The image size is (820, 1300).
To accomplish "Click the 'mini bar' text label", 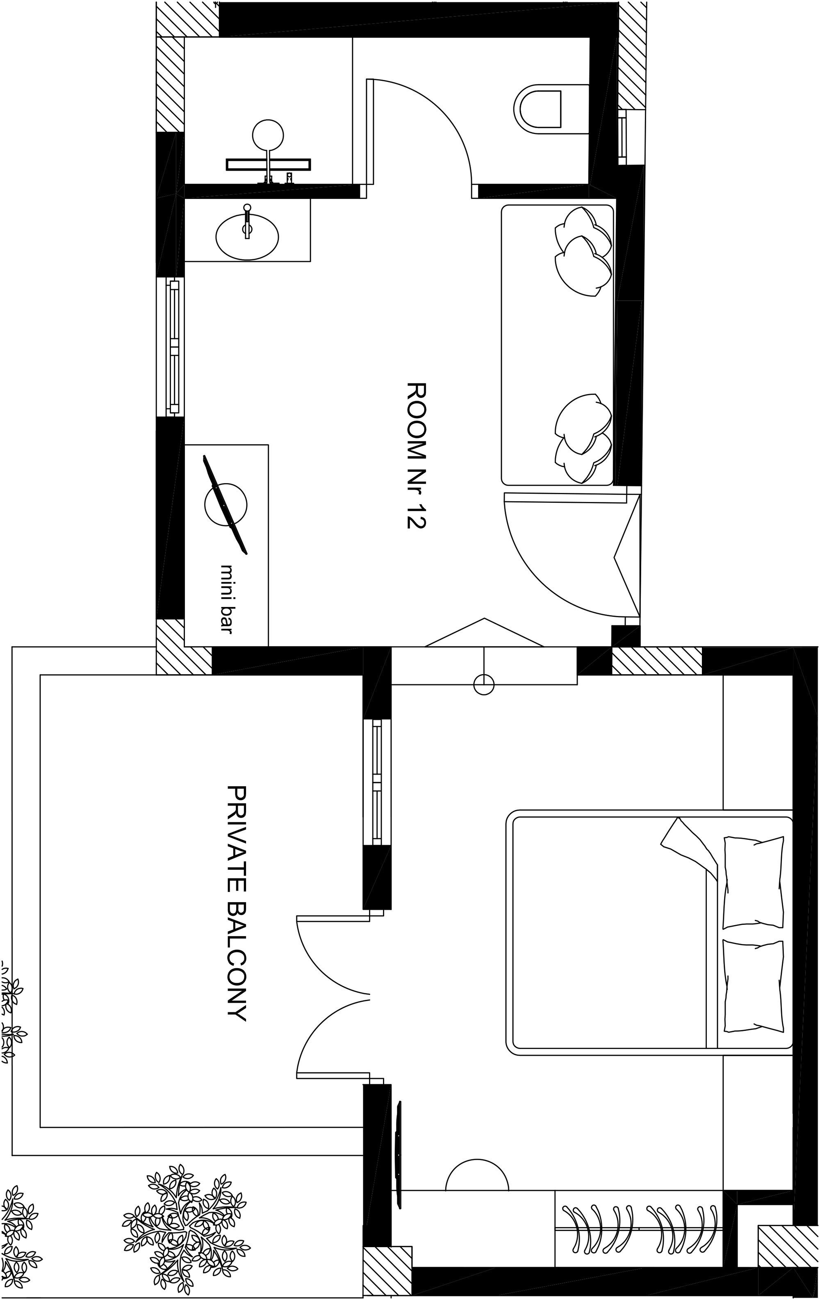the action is pyautogui.click(x=228, y=598).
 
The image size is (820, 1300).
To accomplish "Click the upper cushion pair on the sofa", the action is pyautogui.click(x=583, y=251).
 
